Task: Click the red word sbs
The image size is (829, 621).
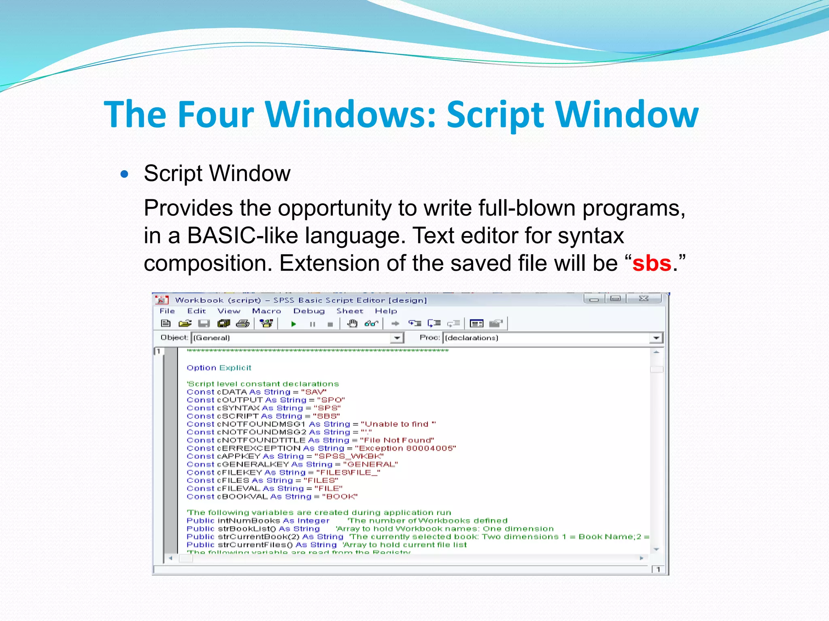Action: [x=652, y=264]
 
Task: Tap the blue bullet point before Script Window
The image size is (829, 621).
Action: [x=125, y=175]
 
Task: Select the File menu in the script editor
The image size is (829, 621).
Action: [x=167, y=311]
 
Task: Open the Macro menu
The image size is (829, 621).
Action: [x=266, y=311]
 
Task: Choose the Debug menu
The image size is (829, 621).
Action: [x=309, y=311]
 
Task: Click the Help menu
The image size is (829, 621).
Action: [x=386, y=311]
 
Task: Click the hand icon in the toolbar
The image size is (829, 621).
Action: [x=352, y=323]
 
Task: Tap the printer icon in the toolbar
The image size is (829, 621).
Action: [x=243, y=323]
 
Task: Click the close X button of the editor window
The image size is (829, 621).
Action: [x=644, y=299]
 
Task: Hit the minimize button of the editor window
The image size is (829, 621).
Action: [x=594, y=299]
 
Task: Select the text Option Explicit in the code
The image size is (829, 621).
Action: [x=219, y=368]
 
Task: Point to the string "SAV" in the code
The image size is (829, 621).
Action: [x=314, y=392]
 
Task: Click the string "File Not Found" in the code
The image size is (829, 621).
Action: [x=397, y=440]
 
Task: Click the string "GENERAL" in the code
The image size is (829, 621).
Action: [x=370, y=465]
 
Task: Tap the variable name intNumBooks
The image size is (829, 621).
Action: [x=249, y=521]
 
